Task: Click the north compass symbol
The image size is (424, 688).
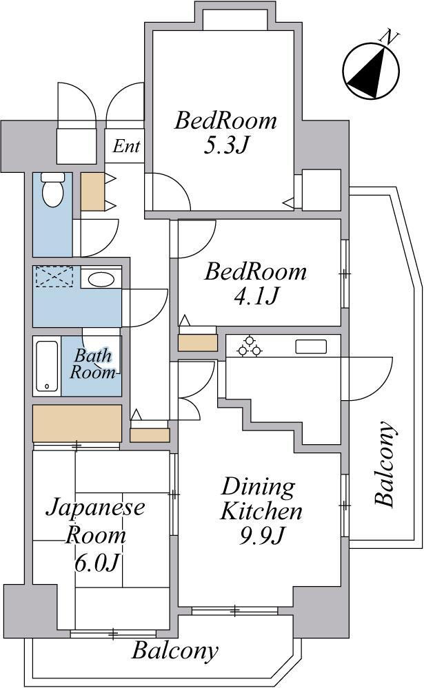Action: [372, 70]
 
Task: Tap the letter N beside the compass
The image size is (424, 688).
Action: [390, 37]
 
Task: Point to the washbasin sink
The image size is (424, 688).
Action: [101, 279]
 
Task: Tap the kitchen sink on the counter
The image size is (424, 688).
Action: [311, 346]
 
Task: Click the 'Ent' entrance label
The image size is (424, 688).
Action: [126, 146]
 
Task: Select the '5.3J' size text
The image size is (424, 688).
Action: [226, 145]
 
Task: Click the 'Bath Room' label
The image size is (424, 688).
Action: [93, 364]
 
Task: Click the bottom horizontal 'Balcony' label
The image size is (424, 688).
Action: [175, 651]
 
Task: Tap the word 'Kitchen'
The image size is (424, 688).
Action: [261, 511]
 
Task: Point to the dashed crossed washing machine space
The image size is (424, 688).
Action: [54, 276]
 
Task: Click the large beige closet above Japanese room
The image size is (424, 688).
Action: [77, 424]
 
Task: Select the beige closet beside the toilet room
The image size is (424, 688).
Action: [92, 191]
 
